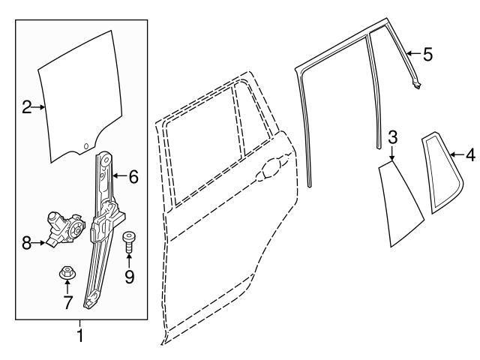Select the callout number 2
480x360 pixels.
click(26, 108)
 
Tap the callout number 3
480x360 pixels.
click(392, 136)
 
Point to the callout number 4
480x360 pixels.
click(469, 155)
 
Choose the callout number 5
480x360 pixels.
click(427, 54)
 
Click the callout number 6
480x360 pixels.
click(133, 177)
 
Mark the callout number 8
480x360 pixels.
click(26, 242)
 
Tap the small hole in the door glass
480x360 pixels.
click(86, 145)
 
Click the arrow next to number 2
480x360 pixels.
click(39, 108)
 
